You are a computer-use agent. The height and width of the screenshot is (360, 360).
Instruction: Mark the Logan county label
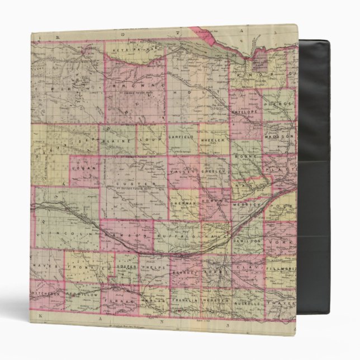[x=87, y=168]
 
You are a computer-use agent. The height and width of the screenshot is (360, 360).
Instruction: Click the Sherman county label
[x=184, y=204]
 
